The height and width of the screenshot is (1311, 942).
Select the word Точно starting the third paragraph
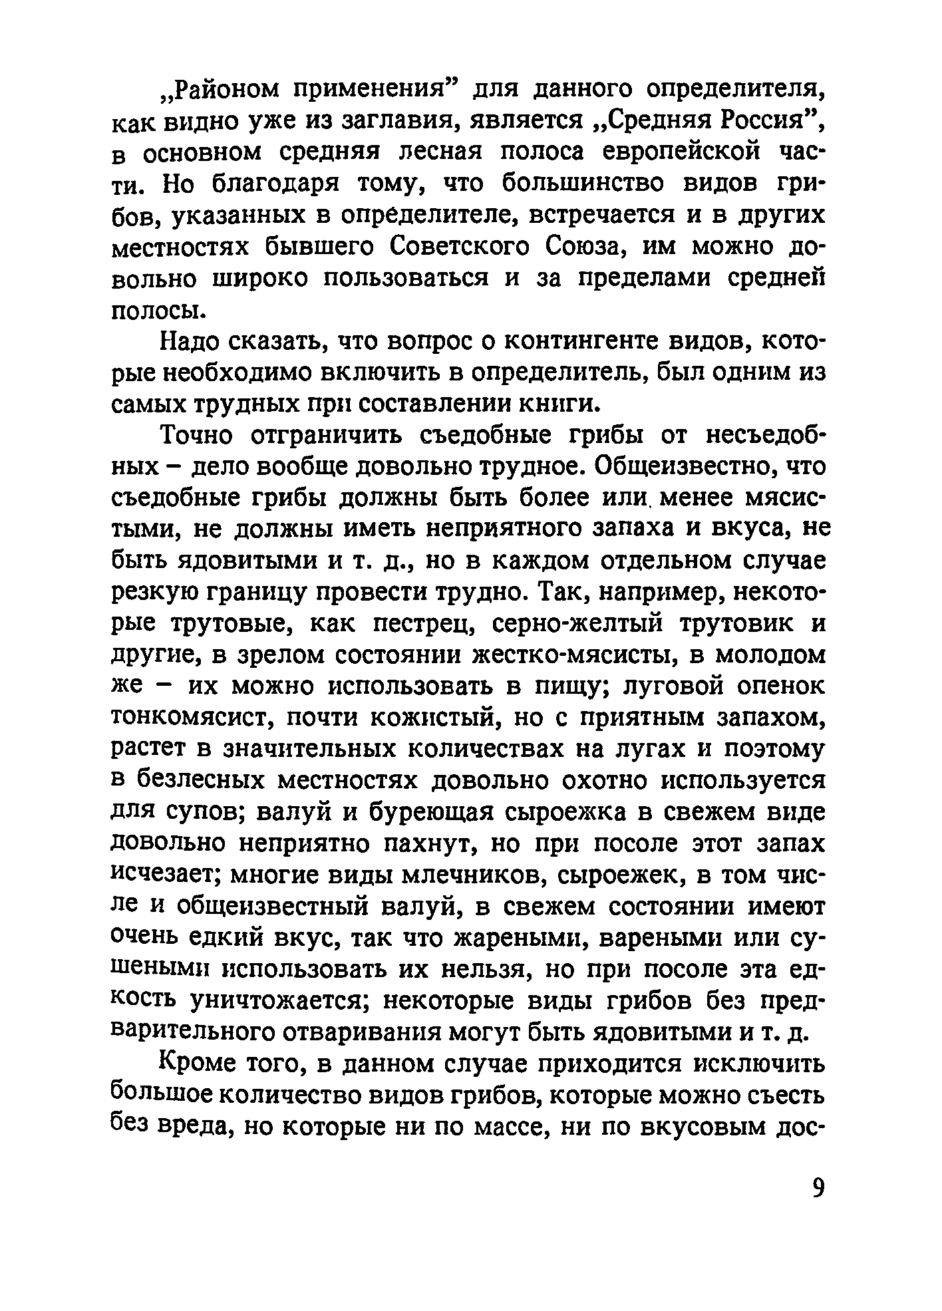tap(199, 436)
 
